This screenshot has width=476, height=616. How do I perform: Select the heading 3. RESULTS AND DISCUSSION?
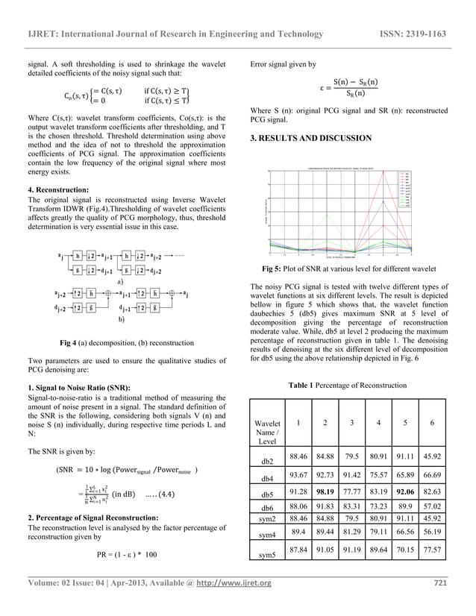click(311, 139)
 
